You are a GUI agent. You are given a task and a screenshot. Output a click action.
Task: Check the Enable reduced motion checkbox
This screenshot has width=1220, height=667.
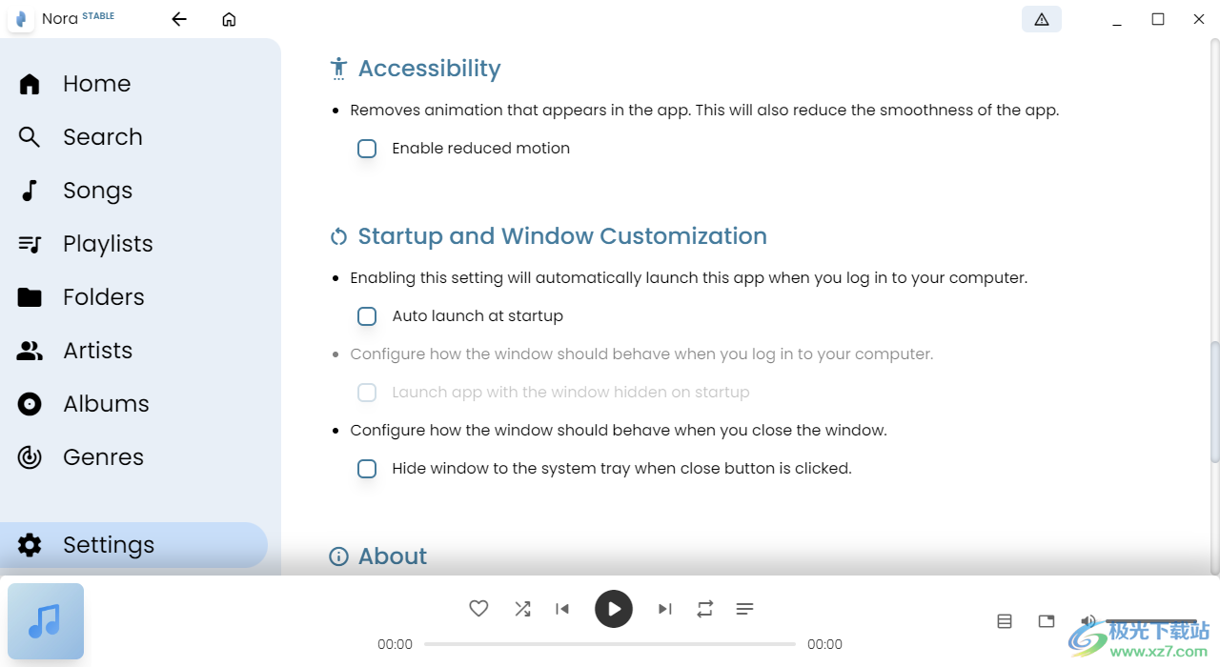(367, 148)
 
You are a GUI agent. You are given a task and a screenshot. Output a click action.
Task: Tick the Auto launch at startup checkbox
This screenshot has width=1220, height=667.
(367, 315)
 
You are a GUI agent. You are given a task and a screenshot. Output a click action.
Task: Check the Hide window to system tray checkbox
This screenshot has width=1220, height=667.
(367, 468)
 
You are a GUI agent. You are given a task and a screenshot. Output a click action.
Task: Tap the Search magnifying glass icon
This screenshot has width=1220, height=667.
(29, 137)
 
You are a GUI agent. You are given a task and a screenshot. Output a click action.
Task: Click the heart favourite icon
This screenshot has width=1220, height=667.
(478, 608)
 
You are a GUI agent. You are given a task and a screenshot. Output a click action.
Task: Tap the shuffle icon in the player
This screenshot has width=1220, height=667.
(522, 609)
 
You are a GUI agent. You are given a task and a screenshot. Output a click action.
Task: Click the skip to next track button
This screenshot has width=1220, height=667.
(664, 609)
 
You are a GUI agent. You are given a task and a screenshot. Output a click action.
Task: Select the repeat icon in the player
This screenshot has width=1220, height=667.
(704, 609)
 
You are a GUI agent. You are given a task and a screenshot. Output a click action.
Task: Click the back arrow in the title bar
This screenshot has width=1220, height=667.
(179, 20)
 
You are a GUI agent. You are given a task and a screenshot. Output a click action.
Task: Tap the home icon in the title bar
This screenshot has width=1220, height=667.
(229, 20)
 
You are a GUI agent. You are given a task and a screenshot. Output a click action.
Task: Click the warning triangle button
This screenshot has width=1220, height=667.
(1042, 20)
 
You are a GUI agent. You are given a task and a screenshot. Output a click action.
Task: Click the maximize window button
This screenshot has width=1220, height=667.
(1158, 20)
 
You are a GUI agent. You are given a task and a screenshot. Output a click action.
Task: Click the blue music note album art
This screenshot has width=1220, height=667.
(46, 621)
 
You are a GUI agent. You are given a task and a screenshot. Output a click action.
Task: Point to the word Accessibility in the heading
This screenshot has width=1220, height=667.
(429, 69)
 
